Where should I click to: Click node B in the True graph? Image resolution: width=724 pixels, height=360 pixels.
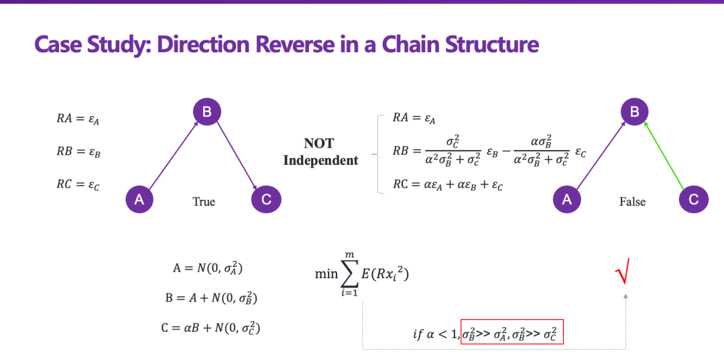pyautogui.click(x=206, y=112)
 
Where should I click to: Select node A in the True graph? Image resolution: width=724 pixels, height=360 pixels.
pyautogui.click(x=139, y=198)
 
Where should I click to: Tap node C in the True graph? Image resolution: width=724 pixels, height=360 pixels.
pyautogui.click(x=266, y=198)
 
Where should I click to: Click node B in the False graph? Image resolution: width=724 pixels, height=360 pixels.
pyautogui.click(x=634, y=112)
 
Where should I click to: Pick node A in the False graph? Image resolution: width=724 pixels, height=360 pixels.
pyautogui.click(x=566, y=198)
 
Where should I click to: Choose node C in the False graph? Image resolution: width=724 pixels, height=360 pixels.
pyautogui.click(x=694, y=198)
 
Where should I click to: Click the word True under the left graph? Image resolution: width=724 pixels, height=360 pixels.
pyautogui.click(x=204, y=201)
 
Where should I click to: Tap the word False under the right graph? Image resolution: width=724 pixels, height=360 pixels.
pyautogui.click(x=632, y=201)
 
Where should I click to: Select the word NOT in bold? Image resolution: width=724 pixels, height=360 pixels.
pyautogui.click(x=318, y=143)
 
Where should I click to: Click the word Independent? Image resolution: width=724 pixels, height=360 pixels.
pyautogui.click(x=320, y=160)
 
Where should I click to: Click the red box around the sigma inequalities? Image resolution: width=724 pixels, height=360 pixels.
pyautogui.click(x=512, y=332)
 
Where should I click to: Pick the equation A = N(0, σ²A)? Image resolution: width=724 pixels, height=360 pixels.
pyautogui.click(x=207, y=268)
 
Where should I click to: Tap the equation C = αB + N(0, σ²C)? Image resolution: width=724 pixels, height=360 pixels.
pyautogui.click(x=211, y=328)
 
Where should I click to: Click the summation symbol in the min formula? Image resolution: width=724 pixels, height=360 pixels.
pyautogui.click(x=349, y=274)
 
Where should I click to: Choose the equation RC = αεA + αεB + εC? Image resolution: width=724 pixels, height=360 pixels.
pyautogui.click(x=448, y=185)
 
